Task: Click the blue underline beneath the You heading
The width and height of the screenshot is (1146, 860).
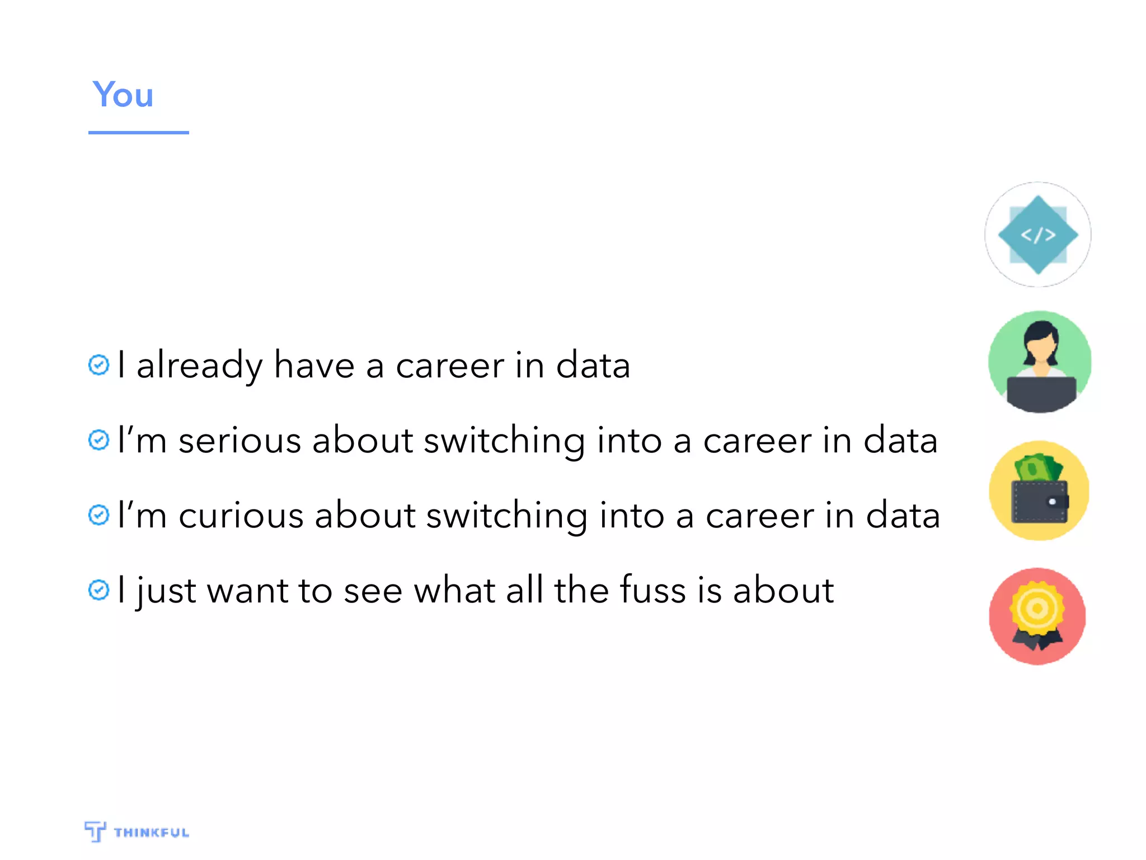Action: pos(138,133)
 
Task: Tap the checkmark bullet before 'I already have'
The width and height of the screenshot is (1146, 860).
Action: pos(99,365)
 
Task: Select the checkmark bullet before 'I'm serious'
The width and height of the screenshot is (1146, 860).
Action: pos(99,440)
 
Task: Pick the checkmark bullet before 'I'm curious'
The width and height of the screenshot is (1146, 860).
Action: pos(99,515)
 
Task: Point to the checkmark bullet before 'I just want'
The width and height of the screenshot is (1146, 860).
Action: pos(99,590)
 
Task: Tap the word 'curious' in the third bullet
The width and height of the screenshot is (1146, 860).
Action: pos(241,516)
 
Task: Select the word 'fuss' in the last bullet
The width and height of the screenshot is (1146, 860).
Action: pos(652,590)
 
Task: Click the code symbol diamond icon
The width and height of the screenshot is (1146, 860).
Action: pos(1038,235)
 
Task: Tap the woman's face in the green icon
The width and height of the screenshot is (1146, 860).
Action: pos(1040,349)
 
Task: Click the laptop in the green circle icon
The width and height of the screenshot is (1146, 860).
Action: pos(1041,393)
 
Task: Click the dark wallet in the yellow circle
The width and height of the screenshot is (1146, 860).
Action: pos(1039,502)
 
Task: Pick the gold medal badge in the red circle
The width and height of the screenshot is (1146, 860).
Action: pos(1037,609)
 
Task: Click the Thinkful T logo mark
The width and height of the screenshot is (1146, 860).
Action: pos(95,831)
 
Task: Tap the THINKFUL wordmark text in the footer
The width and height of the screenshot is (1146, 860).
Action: pos(151,833)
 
